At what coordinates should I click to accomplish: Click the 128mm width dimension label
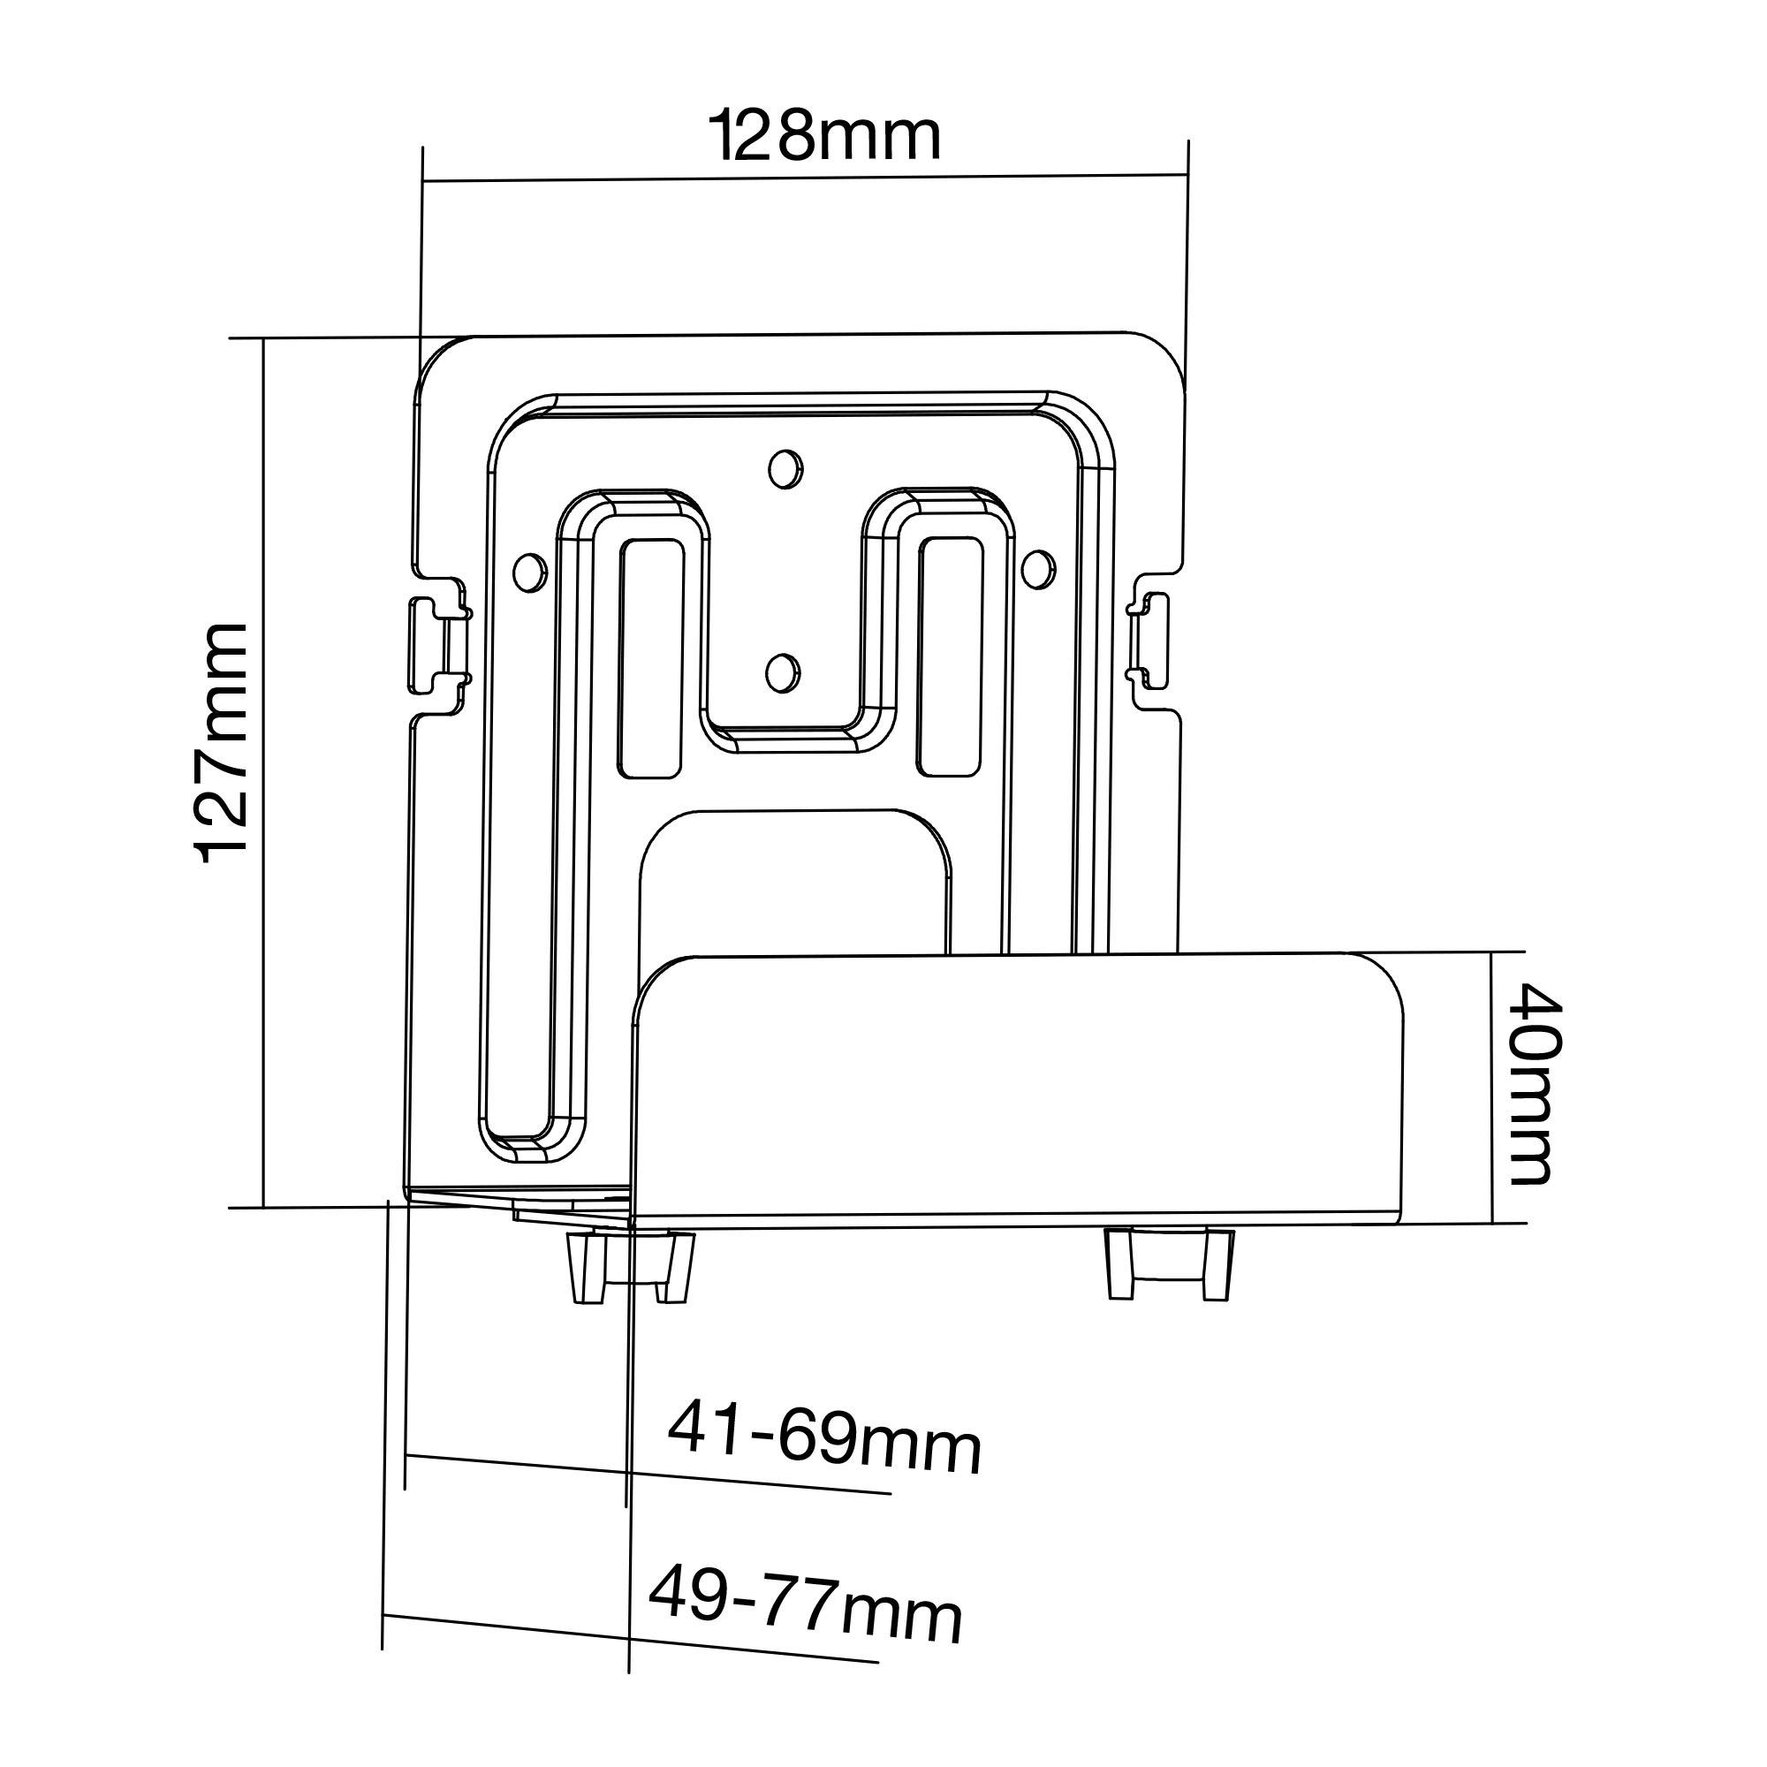(826, 136)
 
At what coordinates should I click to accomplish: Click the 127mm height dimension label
(223, 743)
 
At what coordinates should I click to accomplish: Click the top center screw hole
(783, 468)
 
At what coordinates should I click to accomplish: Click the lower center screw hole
(780, 672)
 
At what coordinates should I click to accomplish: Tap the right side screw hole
(1037, 567)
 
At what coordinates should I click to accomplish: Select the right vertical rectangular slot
(952, 656)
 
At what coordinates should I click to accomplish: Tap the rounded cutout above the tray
(794, 878)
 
